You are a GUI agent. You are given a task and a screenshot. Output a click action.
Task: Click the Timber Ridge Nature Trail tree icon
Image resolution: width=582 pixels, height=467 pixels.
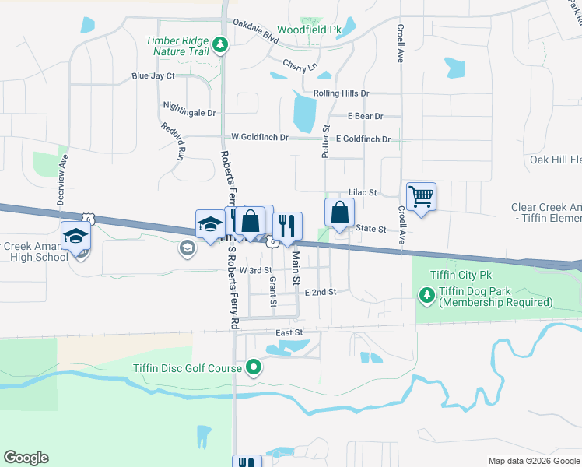pos(221,45)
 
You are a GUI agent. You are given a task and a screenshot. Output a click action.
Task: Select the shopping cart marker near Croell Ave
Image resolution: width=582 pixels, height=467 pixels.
pos(421,196)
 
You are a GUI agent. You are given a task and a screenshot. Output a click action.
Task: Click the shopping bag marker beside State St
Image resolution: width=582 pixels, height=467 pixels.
pos(339,212)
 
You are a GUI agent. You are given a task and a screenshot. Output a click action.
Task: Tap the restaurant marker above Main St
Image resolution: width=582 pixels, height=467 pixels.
pos(288,226)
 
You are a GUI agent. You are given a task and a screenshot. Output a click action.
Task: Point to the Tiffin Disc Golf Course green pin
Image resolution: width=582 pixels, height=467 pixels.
pos(253,366)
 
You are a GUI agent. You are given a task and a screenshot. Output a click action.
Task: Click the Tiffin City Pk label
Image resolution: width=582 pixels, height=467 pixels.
pos(462,276)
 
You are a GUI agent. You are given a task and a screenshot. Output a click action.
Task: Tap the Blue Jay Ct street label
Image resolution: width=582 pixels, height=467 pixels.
pos(153,76)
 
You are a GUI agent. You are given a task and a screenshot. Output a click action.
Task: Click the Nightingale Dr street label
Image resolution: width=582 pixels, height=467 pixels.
pos(189,112)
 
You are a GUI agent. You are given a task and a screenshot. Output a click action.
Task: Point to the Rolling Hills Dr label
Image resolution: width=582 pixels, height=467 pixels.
pos(341,93)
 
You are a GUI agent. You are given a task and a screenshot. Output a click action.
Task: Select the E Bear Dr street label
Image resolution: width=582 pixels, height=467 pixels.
pos(366,116)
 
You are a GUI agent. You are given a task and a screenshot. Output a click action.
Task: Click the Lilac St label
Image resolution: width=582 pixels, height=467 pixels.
pos(363,192)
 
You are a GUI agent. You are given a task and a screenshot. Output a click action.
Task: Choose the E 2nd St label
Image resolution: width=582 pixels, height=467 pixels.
pos(320,292)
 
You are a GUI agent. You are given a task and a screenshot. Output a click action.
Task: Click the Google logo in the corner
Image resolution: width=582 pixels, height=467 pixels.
pos(26,458)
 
